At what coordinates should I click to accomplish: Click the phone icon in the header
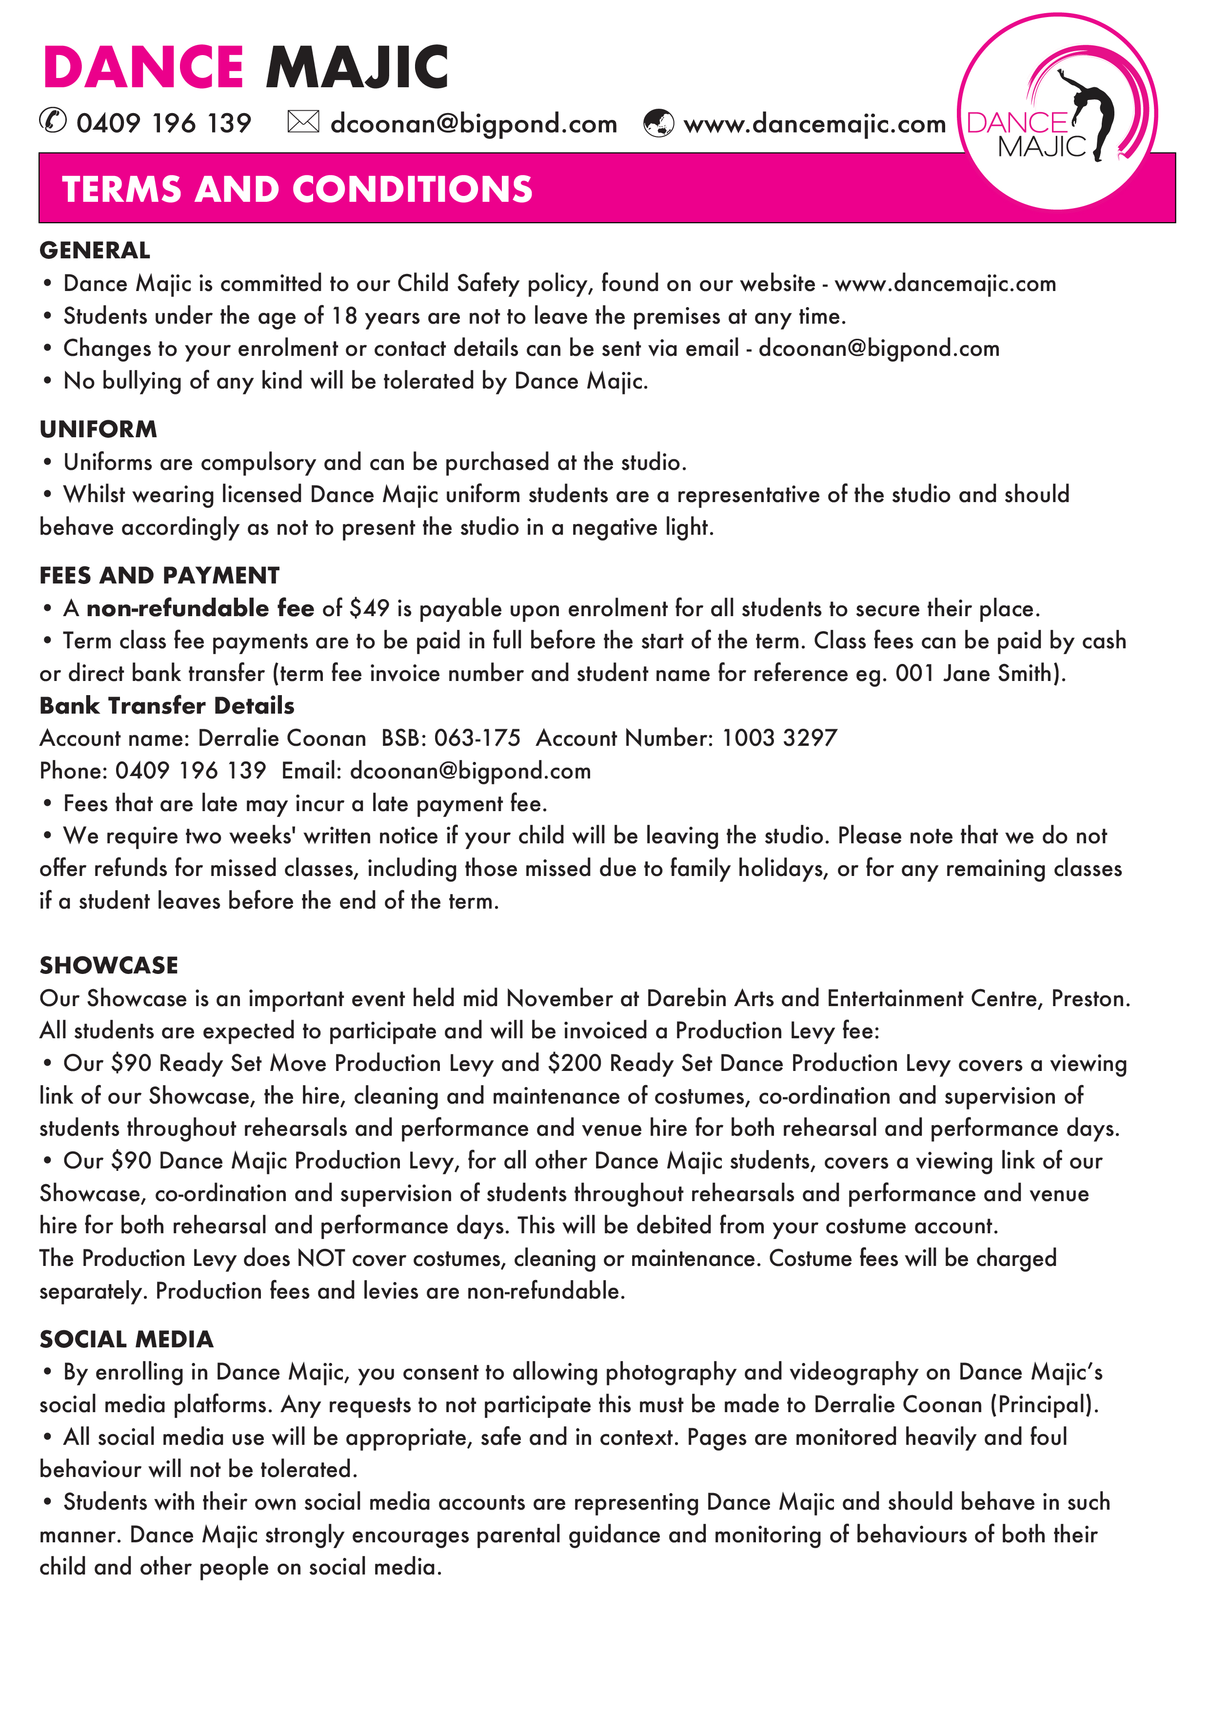53,121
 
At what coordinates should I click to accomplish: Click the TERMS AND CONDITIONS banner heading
297,189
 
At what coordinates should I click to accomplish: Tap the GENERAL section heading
95,250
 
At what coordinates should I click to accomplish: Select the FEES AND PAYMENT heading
159,575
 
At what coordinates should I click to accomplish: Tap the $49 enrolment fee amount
370,608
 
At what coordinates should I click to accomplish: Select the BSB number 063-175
477,738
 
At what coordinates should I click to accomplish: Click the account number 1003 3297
779,738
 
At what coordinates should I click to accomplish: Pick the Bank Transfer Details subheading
167,705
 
